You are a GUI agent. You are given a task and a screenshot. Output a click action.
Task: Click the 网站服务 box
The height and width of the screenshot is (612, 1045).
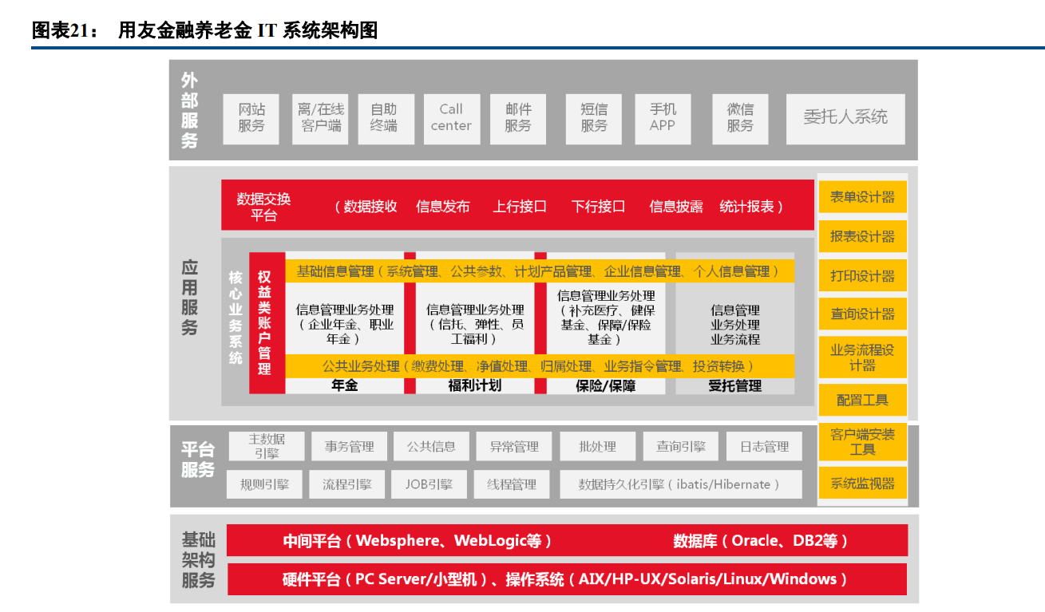[251, 117]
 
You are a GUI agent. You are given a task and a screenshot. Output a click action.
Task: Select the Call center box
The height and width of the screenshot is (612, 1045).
[451, 117]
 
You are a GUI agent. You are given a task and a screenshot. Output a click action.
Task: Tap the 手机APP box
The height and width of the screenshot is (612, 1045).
[662, 117]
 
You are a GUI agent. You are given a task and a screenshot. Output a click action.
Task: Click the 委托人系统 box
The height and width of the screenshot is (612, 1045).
[845, 117]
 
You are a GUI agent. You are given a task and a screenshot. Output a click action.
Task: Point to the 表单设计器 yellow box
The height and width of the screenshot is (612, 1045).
[862, 197]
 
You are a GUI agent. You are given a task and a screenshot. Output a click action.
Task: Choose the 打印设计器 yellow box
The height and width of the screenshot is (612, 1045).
[862, 275]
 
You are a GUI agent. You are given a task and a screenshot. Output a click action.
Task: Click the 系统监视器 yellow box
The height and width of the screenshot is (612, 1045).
[862, 483]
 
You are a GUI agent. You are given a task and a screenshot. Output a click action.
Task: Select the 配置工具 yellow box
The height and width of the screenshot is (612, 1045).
[862, 400]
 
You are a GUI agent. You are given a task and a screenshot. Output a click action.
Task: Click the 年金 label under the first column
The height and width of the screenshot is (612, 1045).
[344, 386]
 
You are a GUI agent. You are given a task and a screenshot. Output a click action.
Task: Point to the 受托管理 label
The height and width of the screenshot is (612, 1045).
[734, 386]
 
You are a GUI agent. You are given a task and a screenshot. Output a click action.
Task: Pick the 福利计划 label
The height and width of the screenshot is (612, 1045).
[474, 386]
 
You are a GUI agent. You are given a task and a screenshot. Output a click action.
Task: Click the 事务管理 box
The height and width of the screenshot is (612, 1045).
[349, 447]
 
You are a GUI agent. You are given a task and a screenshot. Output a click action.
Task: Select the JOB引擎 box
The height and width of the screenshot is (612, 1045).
[429, 484]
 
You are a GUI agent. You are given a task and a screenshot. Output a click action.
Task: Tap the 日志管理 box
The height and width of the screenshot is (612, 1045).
[764, 447]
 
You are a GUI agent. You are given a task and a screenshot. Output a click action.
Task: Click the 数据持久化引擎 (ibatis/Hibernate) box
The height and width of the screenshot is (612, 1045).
[679, 484]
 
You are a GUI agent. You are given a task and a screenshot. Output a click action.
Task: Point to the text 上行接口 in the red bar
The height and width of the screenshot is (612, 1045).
[520, 207]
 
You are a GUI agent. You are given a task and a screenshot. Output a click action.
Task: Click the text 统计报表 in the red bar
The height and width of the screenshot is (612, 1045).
[747, 207]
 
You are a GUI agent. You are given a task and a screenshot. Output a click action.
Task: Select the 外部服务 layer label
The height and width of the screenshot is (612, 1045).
[189, 110]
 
